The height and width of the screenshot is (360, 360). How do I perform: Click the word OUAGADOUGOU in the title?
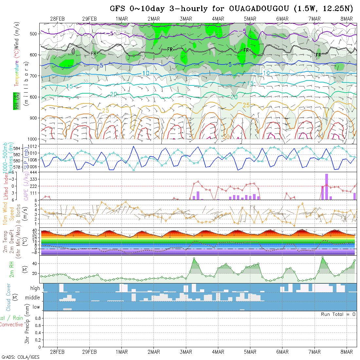coord(260,9)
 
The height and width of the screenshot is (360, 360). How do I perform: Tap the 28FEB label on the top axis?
coord(57,19)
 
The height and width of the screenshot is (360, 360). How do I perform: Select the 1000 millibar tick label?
coord(33,139)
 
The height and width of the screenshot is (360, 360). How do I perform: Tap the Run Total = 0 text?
coord(338,314)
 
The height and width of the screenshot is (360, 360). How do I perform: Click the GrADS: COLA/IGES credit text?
coord(20,357)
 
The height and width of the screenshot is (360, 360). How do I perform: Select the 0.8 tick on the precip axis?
coord(37,318)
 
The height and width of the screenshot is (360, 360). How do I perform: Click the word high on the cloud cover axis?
coord(35,288)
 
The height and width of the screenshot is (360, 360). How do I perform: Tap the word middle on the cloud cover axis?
coord(33,297)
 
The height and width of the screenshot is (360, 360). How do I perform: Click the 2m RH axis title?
coord(11,269)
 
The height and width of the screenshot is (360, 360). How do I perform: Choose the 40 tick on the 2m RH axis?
coord(36,263)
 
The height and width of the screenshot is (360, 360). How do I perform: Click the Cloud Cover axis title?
coord(9,297)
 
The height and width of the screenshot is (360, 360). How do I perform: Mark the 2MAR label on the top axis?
coord(153,19)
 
